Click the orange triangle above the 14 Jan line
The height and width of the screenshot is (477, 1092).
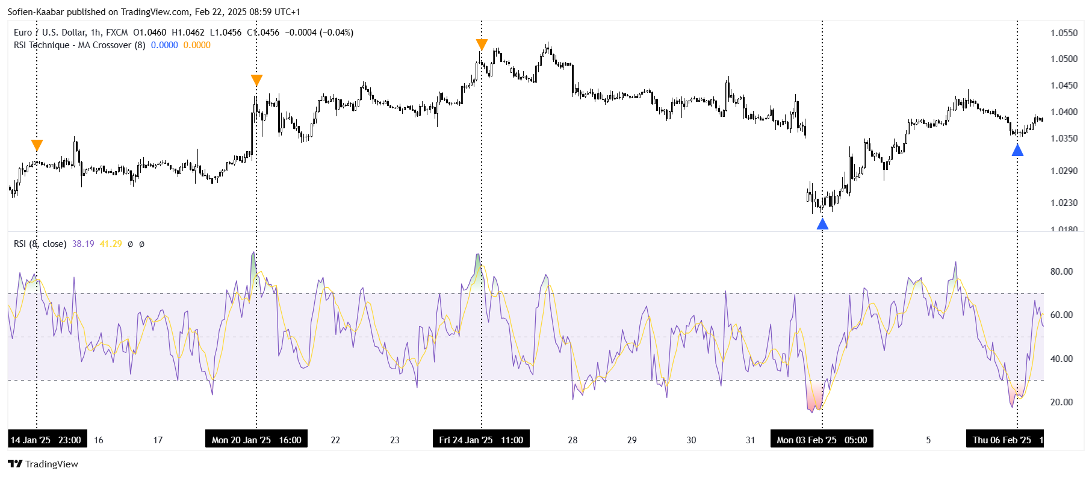pyautogui.click(x=37, y=145)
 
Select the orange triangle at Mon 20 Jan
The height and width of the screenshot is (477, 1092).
pyautogui.click(x=256, y=80)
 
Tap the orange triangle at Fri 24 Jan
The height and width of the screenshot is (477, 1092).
pyautogui.click(x=482, y=45)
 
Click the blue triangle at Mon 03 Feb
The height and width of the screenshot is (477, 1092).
pyautogui.click(x=822, y=224)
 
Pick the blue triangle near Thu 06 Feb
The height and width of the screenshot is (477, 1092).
pyautogui.click(x=1017, y=150)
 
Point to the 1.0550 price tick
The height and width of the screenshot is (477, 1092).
pyautogui.click(x=1064, y=33)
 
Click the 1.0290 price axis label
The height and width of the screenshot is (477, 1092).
pyautogui.click(x=1064, y=171)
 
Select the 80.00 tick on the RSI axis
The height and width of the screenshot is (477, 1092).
pyautogui.click(x=1061, y=272)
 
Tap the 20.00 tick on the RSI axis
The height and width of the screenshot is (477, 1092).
pyautogui.click(x=1061, y=402)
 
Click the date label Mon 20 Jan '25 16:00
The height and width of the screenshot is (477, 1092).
pyautogui.click(x=256, y=440)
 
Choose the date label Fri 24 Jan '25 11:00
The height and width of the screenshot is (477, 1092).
pyautogui.click(x=481, y=440)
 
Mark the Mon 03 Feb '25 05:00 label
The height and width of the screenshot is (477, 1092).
pyautogui.click(x=822, y=440)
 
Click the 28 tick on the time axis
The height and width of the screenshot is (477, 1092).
pyautogui.click(x=572, y=440)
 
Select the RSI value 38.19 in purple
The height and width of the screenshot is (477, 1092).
pyautogui.click(x=83, y=244)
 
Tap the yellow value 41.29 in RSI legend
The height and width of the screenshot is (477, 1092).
pyautogui.click(x=111, y=244)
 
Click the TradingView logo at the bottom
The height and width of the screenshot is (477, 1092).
pyautogui.click(x=43, y=464)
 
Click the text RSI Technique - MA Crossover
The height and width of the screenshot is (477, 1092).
pyautogui.click(x=72, y=45)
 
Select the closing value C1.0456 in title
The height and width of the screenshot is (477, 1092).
pyautogui.click(x=263, y=33)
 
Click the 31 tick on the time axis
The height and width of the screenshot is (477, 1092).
pyautogui.click(x=750, y=440)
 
